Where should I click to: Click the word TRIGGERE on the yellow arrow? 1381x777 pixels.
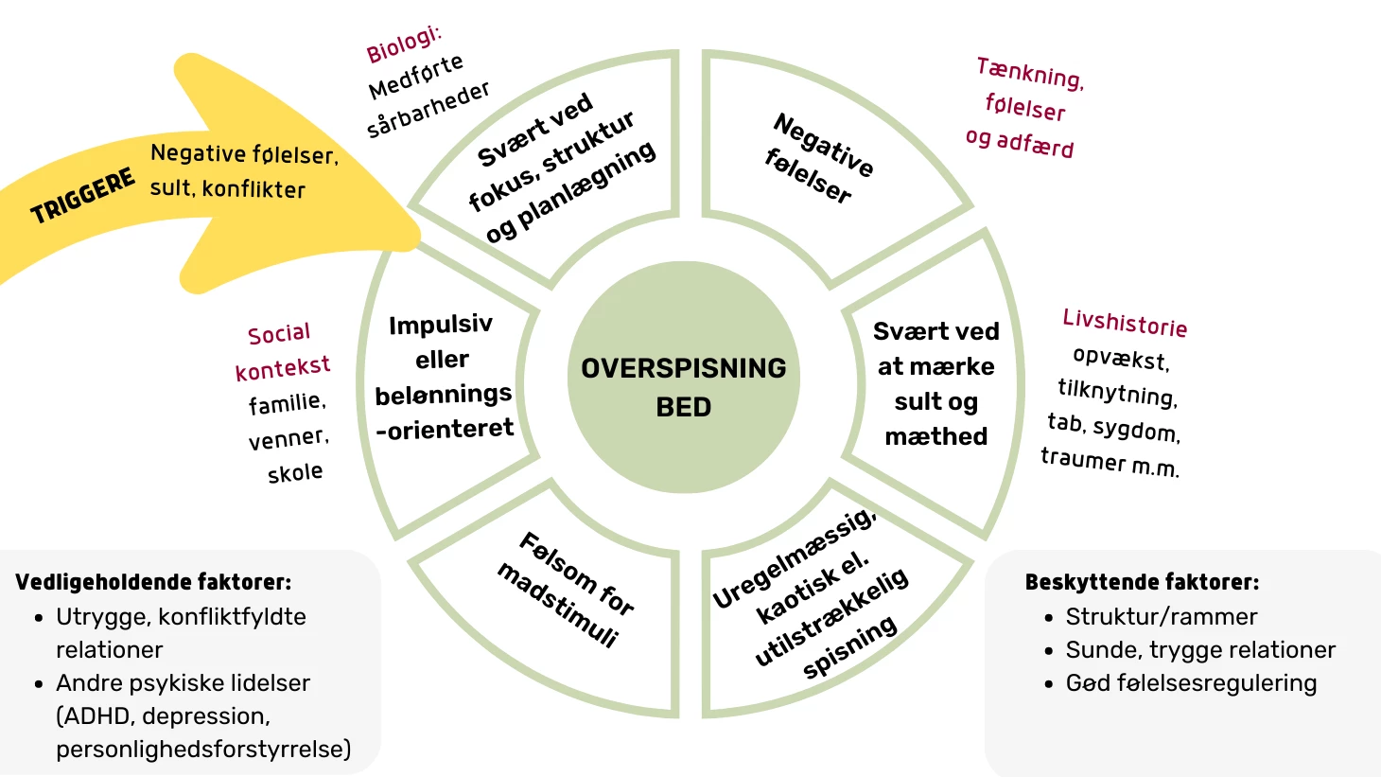(83, 198)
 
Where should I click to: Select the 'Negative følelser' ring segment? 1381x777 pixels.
(818, 158)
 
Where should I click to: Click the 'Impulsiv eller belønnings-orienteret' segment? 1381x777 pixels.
(443, 377)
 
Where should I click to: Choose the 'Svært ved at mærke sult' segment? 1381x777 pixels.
(935, 383)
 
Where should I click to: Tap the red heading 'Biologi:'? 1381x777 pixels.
(404, 44)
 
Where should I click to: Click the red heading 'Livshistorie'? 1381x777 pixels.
(1125, 323)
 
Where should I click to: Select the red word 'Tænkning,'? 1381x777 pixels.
(1030, 73)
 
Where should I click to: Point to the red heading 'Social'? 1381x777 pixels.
(279, 334)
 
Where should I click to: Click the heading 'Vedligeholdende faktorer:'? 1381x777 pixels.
(153, 582)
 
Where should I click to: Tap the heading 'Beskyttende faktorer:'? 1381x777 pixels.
(1142, 582)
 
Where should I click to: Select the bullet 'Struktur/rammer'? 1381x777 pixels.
(1162, 617)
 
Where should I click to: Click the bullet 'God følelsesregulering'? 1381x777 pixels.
(1191, 683)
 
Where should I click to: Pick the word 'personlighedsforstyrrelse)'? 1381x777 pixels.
(203, 750)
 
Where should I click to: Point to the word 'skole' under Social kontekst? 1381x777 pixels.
(295, 472)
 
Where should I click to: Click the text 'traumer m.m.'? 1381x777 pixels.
(1110, 462)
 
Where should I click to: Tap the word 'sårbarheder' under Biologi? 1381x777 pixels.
(428, 109)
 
